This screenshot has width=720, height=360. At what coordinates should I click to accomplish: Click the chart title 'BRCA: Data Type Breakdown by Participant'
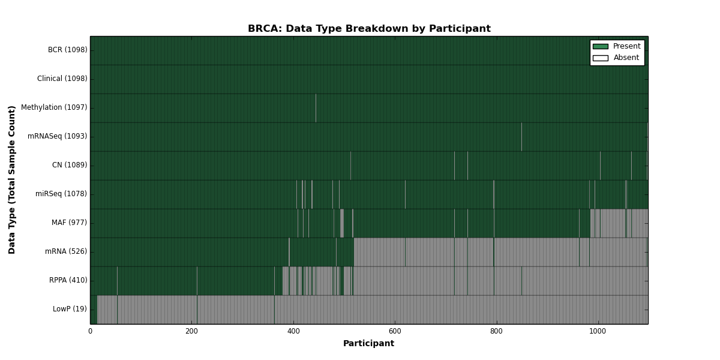[369, 29]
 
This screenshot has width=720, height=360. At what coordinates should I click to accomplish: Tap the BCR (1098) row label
[67, 50]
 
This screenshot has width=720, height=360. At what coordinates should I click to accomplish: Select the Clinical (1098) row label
[62, 79]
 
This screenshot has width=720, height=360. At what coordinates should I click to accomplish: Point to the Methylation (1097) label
[54, 107]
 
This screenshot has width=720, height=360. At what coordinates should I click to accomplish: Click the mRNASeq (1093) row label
[57, 136]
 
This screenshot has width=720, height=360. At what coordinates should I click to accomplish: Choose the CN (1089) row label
[70, 165]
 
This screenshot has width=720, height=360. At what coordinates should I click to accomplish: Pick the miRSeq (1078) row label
[61, 194]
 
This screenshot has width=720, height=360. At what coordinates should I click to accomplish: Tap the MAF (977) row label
[69, 223]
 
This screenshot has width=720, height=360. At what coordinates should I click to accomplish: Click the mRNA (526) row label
[66, 251]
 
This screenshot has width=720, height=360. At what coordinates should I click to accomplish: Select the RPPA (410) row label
[68, 280]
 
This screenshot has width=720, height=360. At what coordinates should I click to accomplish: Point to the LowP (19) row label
[70, 309]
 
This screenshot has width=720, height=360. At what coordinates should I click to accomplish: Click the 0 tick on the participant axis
[91, 331]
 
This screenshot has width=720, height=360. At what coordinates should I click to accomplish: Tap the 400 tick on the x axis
[293, 331]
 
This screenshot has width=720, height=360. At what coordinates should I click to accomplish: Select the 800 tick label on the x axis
[496, 331]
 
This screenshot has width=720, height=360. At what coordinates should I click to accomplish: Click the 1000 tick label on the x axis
[598, 331]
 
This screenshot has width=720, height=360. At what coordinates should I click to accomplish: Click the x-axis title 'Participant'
[368, 344]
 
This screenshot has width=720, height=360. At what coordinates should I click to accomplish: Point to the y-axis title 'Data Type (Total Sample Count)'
[11, 180]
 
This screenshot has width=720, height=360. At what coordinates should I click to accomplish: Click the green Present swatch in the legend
[601, 47]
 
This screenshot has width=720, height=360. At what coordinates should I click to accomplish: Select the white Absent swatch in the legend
[601, 58]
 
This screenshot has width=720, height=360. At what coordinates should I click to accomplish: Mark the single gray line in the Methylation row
[316, 108]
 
